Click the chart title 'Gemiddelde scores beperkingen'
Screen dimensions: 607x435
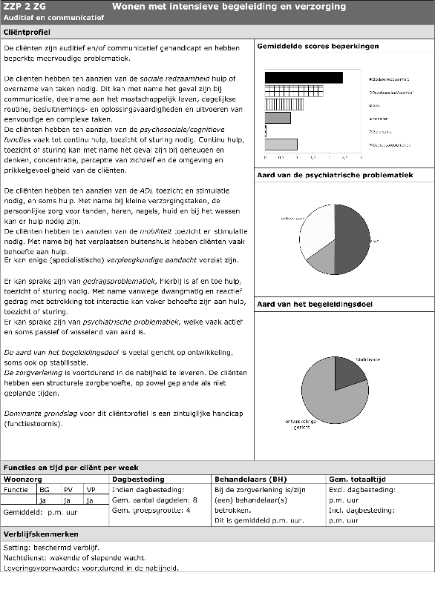pyautogui.click(x=318, y=46)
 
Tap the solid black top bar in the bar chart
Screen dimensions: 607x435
pyautogui.click(x=304, y=77)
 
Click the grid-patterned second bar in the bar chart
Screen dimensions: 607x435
pyautogui.click(x=294, y=90)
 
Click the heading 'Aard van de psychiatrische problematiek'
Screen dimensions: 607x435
pyautogui.click(x=335, y=176)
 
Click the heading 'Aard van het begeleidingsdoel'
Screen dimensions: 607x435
pyautogui.click(x=315, y=305)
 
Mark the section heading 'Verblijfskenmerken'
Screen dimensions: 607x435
pyautogui.click(x=42, y=534)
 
